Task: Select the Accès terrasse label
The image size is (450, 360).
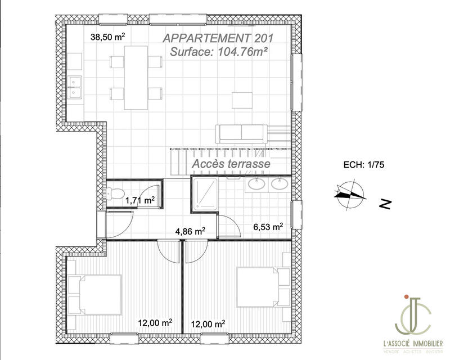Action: tap(231, 164)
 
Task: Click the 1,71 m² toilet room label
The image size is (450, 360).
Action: tap(139, 199)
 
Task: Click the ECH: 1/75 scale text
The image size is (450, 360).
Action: tap(363, 165)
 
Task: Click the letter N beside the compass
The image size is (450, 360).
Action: tap(385, 204)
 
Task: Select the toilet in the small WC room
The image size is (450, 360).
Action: tap(116, 195)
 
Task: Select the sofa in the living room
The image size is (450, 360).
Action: tap(241, 133)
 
